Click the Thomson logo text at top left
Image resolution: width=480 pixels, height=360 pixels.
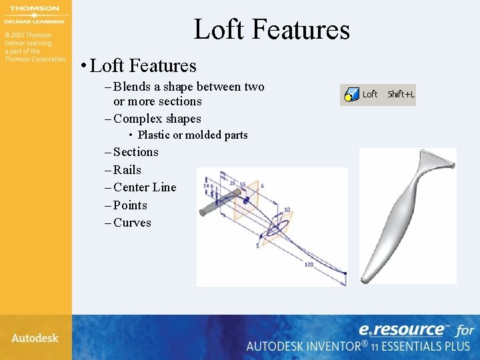point(35,9)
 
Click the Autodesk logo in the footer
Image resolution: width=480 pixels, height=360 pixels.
point(35,338)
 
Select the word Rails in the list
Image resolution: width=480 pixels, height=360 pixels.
point(127,170)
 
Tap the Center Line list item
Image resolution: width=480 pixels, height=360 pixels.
point(145,187)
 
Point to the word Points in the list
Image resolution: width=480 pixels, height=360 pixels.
point(130,205)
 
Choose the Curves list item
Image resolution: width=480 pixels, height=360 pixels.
point(132,223)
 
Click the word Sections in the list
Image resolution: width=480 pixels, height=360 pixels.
point(136,152)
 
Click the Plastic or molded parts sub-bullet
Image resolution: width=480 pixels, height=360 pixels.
point(193,135)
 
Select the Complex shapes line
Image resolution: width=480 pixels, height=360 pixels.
point(157,119)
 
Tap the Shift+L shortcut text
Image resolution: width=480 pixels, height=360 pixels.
point(401,95)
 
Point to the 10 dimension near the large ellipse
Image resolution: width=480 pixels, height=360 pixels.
point(287,210)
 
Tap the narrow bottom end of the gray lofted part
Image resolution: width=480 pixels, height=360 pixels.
point(367,275)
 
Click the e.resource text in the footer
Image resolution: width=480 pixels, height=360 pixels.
point(402,329)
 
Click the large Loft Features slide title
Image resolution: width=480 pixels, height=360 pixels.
point(271,30)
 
